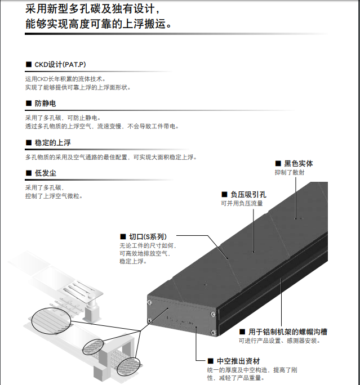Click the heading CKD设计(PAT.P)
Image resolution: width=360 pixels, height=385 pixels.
pos(60,65)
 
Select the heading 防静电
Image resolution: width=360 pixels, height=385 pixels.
pos(46,104)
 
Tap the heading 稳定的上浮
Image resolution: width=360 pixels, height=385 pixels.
pos(52,142)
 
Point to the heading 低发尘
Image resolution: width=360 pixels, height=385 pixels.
pos(46,173)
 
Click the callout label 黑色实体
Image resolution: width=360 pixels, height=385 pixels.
pos(299,164)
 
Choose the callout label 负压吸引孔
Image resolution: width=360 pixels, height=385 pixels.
pos(248,194)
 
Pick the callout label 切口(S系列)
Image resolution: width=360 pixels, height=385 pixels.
pos(148,237)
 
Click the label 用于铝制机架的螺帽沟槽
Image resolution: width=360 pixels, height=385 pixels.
pos(288,332)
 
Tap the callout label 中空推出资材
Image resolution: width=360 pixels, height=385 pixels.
pos(238,361)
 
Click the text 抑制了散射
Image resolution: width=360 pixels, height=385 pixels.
pos(290,172)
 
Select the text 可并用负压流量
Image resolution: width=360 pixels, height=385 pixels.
pos(242,203)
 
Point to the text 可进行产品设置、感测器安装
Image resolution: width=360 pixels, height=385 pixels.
pos(279,341)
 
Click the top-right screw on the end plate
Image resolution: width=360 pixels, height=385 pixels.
pos(213,314)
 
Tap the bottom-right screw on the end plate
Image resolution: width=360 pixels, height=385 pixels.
pos(213,333)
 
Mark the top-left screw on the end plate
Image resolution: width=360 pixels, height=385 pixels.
pos(149,302)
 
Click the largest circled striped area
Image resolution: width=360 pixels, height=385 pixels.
pos(51,321)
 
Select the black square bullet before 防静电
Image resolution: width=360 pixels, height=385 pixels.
pos(29,104)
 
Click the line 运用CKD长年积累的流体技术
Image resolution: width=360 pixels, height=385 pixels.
pos(65,79)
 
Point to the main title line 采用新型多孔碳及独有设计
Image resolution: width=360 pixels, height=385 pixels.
pos(93,9)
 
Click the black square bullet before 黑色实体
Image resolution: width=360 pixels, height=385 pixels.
pos(278,164)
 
